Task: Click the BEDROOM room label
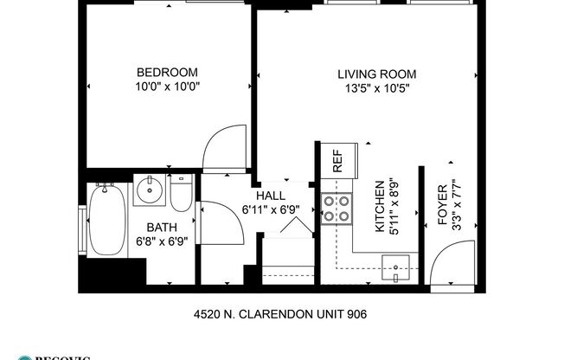(168, 72)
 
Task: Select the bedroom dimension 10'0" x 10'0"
(168, 87)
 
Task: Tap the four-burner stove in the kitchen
(336, 208)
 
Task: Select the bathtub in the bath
(106, 222)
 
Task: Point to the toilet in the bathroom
(181, 196)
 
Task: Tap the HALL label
(266, 196)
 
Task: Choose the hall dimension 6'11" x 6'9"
(265, 209)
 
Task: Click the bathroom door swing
(219, 222)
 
